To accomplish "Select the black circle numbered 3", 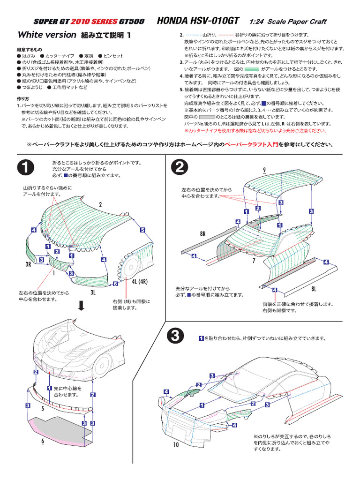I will [175, 336].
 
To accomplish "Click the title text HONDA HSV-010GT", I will [198, 21].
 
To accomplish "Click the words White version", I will [46, 35].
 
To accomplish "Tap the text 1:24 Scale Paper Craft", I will [288, 22].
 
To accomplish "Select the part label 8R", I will [202, 233].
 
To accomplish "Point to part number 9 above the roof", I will [264, 170].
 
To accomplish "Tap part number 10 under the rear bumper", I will [175, 444].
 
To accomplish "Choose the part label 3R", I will [28, 265].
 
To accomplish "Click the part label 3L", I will [92, 292].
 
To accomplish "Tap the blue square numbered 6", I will [115, 284].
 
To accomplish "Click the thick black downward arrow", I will [81, 306].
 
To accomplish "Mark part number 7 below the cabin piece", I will [253, 260].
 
